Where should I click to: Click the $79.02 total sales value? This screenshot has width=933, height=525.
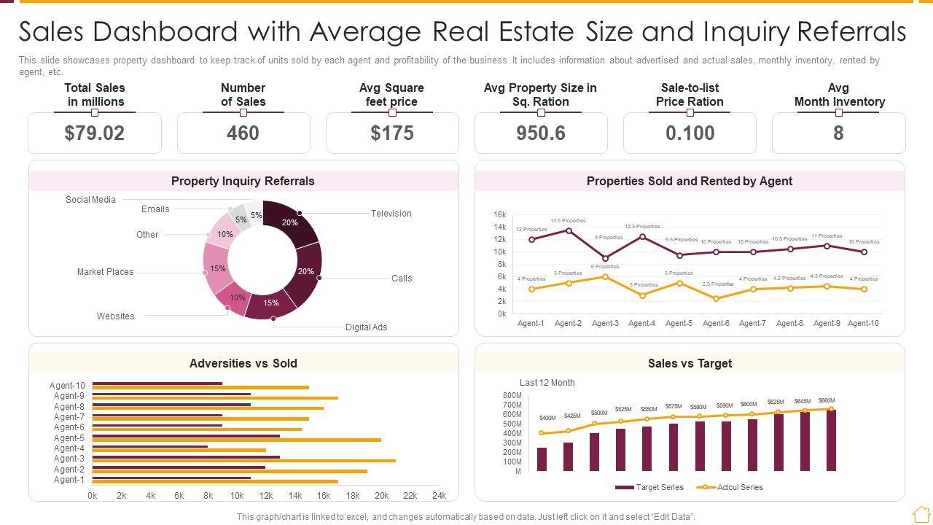(95, 133)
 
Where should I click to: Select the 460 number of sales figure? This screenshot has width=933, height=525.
(243, 133)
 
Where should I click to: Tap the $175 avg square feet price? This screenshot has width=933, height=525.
(392, 133)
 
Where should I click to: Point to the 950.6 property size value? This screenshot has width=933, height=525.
(541, 133)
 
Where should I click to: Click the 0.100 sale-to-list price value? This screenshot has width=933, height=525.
(690, 133)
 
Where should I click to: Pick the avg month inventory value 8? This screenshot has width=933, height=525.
(838, 133)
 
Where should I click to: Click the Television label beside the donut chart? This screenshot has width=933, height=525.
(391, 214)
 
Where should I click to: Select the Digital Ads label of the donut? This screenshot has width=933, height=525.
(366, 327)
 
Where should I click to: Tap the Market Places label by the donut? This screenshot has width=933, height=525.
(106, 272)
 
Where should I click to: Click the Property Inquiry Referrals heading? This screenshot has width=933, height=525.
(243, 181)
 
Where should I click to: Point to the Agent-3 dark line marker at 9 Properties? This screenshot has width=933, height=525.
(606, 258)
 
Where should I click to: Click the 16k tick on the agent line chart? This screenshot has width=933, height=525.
(500, 215)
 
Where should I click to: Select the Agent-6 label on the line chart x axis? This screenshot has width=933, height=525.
(716, 323)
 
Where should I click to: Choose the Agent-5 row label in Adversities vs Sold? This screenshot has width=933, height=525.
(69, 438)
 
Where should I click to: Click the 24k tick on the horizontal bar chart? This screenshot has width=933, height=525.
(439, 496)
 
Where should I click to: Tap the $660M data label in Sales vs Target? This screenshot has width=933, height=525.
(827, 401)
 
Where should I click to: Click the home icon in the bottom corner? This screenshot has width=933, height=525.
(921, 514)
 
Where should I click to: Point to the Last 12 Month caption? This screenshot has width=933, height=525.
(547, 383)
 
